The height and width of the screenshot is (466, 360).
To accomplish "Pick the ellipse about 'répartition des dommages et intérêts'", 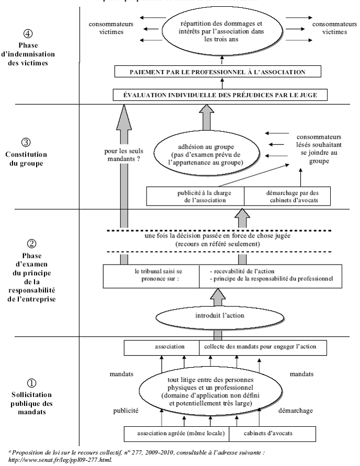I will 222,30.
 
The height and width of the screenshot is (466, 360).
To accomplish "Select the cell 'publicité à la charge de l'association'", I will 196,196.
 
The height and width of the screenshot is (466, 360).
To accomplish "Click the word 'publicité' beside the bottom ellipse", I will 126,411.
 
